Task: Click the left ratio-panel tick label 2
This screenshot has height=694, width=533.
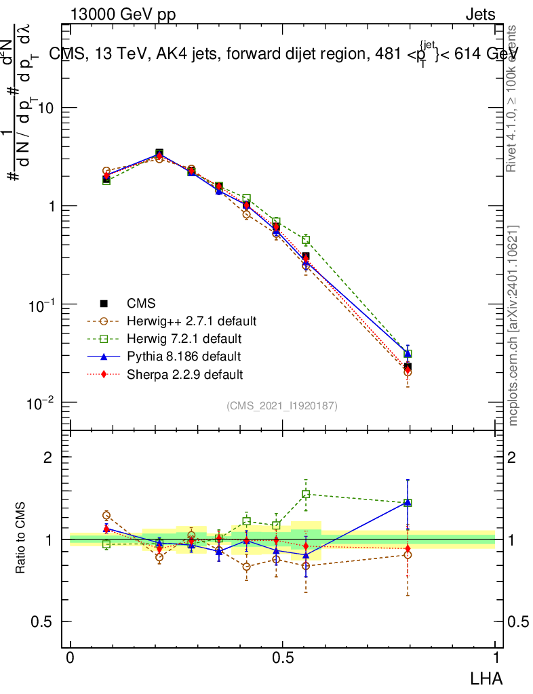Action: pyautogui.click(x=49, y=457)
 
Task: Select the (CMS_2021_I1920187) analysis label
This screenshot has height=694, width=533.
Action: pyautogui.click(x=282, y=405)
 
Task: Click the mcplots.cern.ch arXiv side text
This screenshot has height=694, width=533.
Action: pyautogui.click(x=514, y=325)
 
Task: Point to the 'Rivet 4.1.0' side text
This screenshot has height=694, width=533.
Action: pyautogui.click(x=514, y=98)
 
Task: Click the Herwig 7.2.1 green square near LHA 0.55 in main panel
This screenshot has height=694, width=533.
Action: pyautogui.click(x=307, y=239)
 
